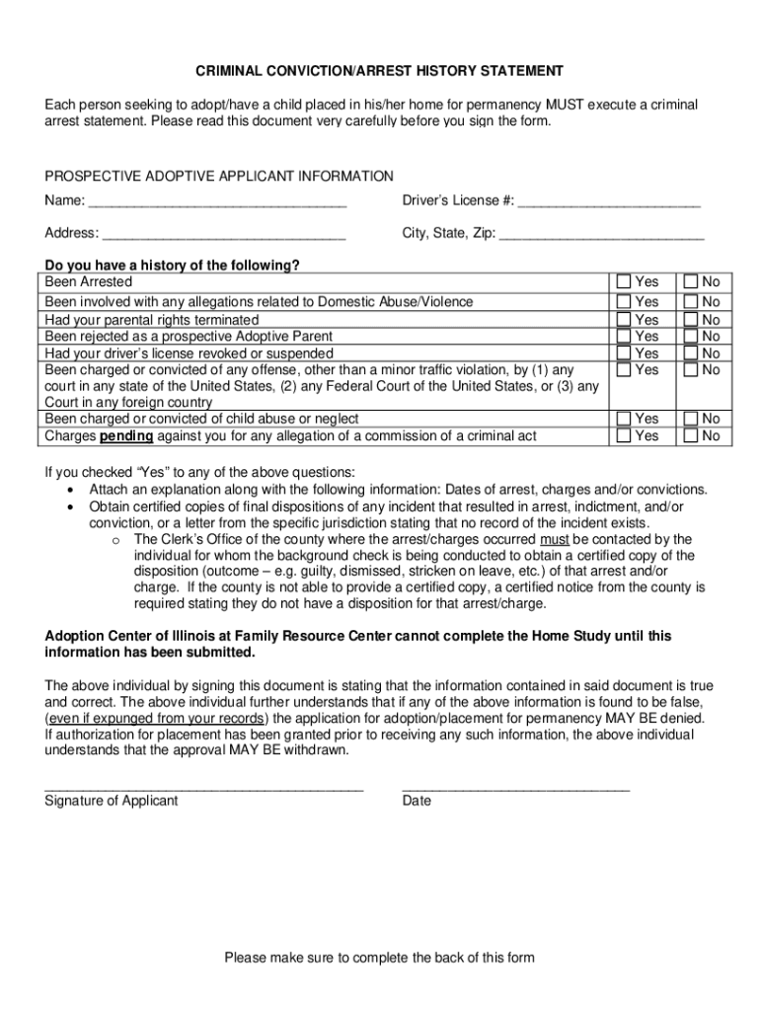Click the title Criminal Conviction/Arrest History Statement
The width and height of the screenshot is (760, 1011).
(x=379, y=71)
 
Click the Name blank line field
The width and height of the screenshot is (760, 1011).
(x=217, y=202)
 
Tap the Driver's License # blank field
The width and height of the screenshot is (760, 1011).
(x=609, y=202)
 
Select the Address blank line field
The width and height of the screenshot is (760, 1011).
(x=224, y=234)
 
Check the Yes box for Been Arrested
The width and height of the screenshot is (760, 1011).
(x=623, y=282)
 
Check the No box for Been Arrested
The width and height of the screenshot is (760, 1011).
(x=690, y=282)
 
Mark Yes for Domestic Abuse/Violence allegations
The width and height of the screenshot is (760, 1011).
(x=623, y=301)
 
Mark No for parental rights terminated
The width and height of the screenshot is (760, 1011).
(x=690, y=320)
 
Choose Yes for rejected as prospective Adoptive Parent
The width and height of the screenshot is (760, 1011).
(x=623, y=337)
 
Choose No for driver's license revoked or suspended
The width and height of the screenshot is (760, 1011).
(x=690, y=353)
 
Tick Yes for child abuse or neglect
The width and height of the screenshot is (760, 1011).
(x=623, y=419)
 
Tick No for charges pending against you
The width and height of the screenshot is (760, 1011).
(x=690, y=435)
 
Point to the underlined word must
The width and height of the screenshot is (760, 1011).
(x=555, y=539)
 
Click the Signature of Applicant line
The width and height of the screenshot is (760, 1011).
(x=204, y=789)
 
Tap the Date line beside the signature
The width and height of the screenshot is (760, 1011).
(x=515, y=789)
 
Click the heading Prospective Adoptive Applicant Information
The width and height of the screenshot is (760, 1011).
(x=219, y=176)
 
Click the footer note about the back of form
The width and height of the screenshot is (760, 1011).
(x=379, y=958)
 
